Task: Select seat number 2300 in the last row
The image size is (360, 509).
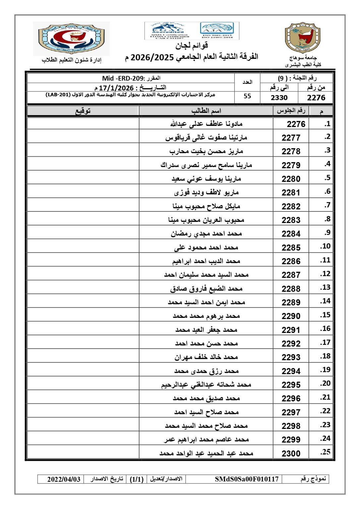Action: click(291, 453)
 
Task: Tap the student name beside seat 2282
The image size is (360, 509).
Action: click(206, 206)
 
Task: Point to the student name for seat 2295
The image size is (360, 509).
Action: click(206, 384)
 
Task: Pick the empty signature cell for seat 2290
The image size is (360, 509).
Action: click(83, 316)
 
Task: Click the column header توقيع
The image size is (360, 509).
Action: click(83, 111)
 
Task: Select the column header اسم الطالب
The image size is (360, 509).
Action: click(206, 111)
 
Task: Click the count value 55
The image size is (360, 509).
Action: click(247, 96)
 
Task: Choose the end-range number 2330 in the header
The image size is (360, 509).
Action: click(279, 97)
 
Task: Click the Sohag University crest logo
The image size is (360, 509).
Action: click(303, 38)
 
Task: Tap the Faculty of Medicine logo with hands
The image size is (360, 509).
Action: click(71, 38)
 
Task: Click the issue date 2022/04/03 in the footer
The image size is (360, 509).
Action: click(64, 479)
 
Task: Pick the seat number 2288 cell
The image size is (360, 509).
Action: click(291, 289)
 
